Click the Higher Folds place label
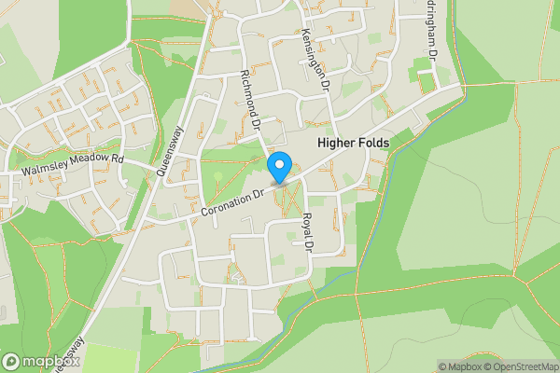(354, 143)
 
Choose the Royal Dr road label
(307, 231)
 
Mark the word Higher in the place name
(337, 143)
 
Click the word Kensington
(313, 48)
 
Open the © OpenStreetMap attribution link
(521, 366)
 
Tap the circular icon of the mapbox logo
(12, 361)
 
